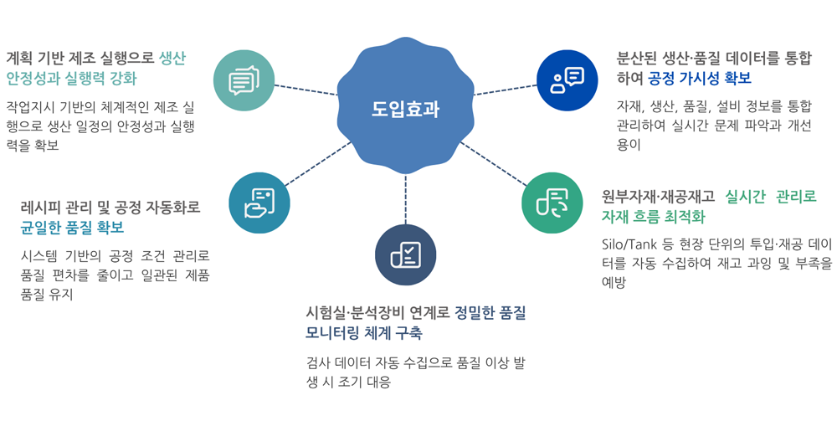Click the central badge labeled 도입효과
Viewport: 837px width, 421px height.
[405, 108]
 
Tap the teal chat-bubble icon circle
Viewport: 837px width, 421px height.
[244, 80]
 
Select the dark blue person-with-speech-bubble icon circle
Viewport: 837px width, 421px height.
[567, 80]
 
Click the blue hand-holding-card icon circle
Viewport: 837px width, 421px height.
[259, 203]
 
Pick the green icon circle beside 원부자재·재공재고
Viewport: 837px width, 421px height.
[552, 203]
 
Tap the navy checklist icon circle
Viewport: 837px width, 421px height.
[405, 254]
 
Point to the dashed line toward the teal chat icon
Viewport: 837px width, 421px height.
[306, 90]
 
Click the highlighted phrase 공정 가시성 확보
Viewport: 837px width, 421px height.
[699, 79]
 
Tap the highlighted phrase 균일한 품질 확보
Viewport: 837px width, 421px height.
[72, 228]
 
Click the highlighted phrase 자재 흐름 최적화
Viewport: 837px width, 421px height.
[653, 217]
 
